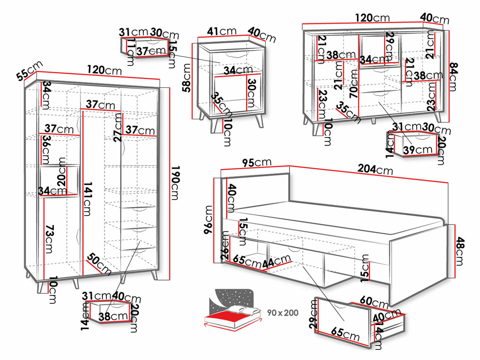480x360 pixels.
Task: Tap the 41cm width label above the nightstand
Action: [222, 31]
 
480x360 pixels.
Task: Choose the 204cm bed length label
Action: [376, 170]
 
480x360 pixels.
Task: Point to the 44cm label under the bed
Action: [276, 263]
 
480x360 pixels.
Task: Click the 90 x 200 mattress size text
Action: [283, 312]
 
